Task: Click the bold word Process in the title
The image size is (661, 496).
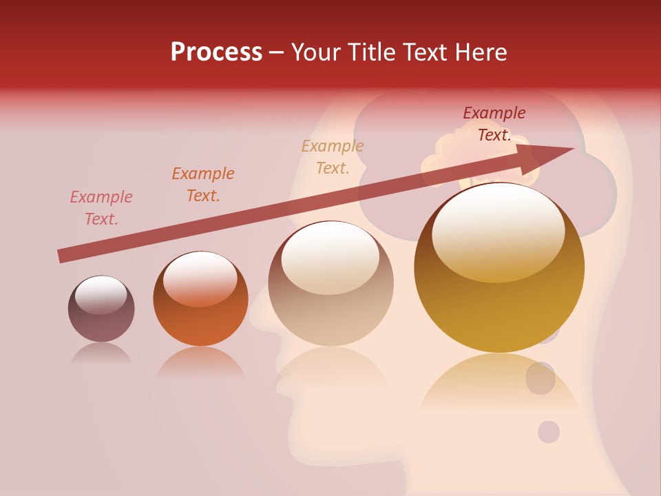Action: [x=216, y=52]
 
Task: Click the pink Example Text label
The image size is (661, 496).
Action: [x=101, y=208]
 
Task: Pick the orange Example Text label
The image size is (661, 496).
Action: [x=203, y=185]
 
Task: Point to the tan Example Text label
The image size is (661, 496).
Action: [x=333, y=157]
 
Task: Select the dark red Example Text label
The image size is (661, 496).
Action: [x=494, y=124]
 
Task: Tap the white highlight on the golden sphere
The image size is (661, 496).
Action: [x=499, y=231]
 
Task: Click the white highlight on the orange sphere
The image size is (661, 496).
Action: [x=200, y=278]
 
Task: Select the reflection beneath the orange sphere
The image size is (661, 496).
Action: [x=200, y=363]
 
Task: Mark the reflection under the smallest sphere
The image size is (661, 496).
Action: [x=101, y=354]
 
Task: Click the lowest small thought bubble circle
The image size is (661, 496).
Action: [x=549, y=432]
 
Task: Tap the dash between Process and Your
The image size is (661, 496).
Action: [x=276, y=52]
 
